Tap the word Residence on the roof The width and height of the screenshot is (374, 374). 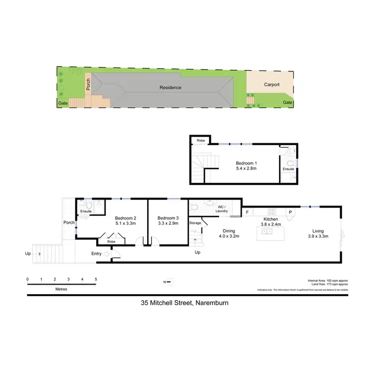tap(171, 88)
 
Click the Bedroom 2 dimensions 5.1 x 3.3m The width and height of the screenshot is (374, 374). tap(126, 224)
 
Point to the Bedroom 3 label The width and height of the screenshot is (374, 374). tap(168, 218)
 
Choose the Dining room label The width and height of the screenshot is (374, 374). tap(229, 231)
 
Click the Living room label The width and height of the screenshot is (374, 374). tap(318, 231)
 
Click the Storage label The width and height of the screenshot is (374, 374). tap(195, 223)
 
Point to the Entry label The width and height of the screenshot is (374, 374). tap(96, 254)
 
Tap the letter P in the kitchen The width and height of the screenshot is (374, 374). tap(289, 212)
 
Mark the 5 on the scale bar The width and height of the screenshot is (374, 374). tap(96, 279)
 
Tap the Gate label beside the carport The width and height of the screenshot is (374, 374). tap(288, 103)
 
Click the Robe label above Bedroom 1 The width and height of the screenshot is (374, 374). tap(201, 141)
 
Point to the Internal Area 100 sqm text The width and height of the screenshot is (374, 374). tap(321, 281)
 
